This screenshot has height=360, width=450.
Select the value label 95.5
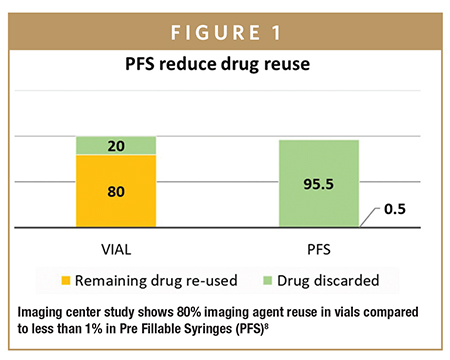pos(313,184)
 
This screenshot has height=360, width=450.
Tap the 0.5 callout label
pos(399,211)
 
